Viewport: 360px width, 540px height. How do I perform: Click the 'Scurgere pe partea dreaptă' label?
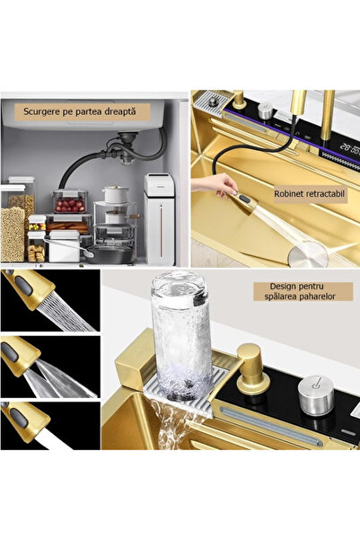[80, 111]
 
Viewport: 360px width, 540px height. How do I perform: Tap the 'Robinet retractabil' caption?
[309, 193]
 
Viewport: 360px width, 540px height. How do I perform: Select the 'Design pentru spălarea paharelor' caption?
[303, 291]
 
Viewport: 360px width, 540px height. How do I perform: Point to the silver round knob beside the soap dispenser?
[316, 396]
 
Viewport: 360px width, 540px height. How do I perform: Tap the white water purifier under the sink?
[159, 219]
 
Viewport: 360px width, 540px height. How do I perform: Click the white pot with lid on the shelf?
[115, 195]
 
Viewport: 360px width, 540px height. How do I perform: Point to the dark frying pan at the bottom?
[109, 254]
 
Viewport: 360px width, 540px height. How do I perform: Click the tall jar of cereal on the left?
[13, 224]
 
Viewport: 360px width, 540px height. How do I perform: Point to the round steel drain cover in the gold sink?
[308, 254]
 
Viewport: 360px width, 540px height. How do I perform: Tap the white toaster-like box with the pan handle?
[65, 246]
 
